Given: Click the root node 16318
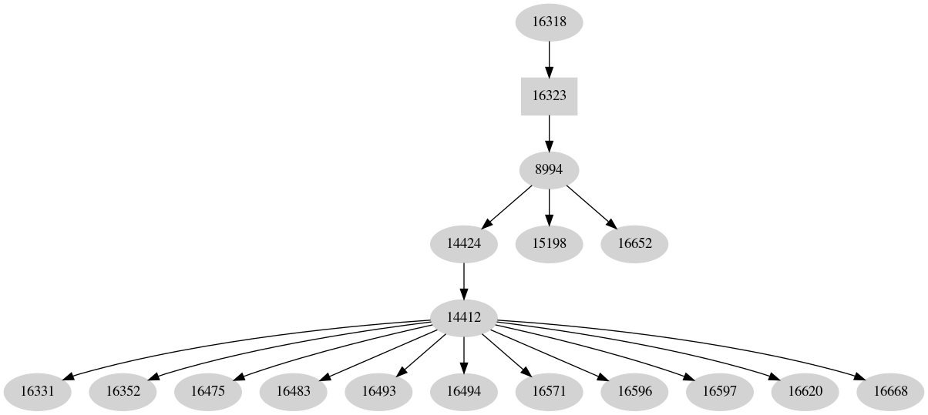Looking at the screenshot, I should (x=549, y=22).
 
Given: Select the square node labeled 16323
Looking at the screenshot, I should (x=549, y=96).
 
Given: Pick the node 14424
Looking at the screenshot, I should (x=463, y=244).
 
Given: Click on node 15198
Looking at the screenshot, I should (x=549, y=244).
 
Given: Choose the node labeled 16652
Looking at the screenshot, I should (x=634, y=244).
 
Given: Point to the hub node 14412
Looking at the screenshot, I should (x=463, y=317).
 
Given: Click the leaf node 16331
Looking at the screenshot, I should (x=37, y=391).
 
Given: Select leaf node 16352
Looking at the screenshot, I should (x=123, y=391).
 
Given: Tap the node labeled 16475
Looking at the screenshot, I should (x=207, y=391).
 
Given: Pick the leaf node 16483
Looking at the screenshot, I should (x=293, y=391).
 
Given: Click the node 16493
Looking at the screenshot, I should (x=378, y=391).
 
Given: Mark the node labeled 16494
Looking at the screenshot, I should (x=463, y=391).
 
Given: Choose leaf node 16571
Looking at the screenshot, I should (x=549, y=391).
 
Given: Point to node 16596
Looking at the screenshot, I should (x=634, y=391).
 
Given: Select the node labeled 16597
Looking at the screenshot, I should (x=719, y=391).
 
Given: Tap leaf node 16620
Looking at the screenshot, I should (x=805, y=391).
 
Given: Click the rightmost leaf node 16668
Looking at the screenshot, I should (x=890, y=391).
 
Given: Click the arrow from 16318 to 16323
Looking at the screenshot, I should (x=549, y=59).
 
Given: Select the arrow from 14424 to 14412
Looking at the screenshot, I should (x=463, y=280).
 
